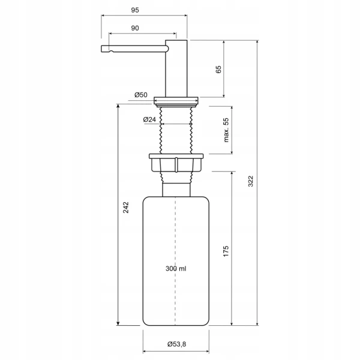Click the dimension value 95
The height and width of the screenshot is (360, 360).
[x=135, y=10]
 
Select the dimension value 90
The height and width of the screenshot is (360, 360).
[x=135, y=28]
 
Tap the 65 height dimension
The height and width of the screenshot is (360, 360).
[x=218, y=70]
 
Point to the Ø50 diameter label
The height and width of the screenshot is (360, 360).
[x=141, y=95]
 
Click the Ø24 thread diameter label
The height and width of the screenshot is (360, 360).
[x=149, y=119]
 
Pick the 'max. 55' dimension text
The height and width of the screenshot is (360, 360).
[x=226, y=130]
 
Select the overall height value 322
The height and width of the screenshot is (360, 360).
[x=250, y=181]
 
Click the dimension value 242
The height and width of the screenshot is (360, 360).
[x=126, y=208]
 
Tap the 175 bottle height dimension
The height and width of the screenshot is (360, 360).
[x=226, y=251]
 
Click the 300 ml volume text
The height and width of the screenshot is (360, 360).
[x=176, y=268]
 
